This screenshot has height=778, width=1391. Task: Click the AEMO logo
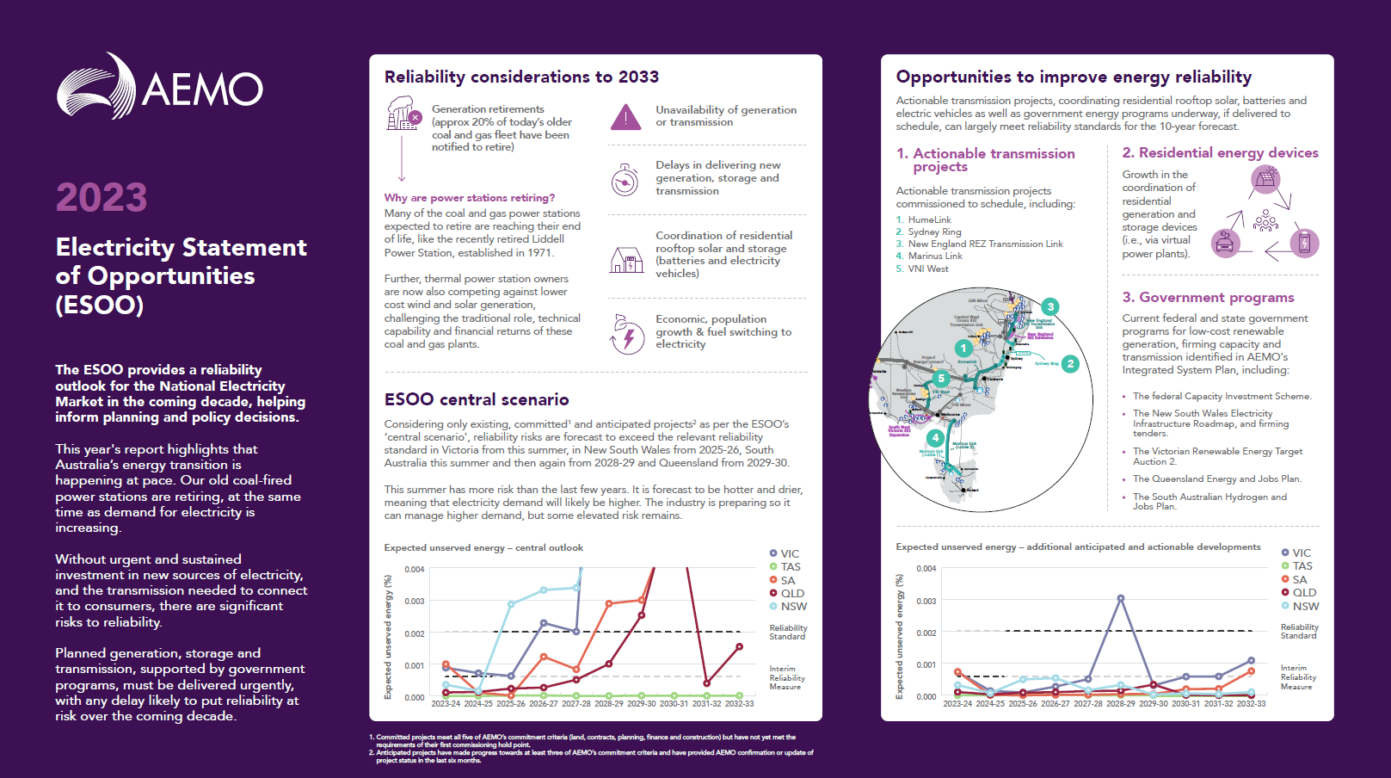pyautogui.click(x=160, y=86)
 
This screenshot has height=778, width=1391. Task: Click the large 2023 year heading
pyautogui.click(x=102, y=197)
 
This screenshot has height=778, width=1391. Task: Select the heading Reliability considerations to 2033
pyautogui.click(x=521, y=77)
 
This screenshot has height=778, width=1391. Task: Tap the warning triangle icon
pyautogui.click(x=625, y=117)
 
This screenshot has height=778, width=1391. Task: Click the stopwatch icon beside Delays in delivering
pyautogui.click(x=625, y=180)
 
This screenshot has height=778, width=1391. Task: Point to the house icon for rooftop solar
pyautogui.click(x=626, y=259)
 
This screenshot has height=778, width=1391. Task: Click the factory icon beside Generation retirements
pyautogui.click(x=403, y=114)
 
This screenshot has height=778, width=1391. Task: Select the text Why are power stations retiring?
pyautogui.click(x=469, y=198)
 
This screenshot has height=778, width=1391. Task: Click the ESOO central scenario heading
pyautogui.click(x=477, y=399)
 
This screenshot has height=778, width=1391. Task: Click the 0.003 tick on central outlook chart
pyautogui.click(x=415, y=601)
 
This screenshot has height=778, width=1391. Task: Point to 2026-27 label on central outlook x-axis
pyautogui.click(x=543, y=704)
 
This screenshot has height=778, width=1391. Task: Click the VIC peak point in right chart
pyautogui.click(x=1121, y=598)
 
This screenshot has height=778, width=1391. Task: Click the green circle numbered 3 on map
pyautogui.click(x=1049, y=306)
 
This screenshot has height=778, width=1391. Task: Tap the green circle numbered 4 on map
pyautogui.click(x=935, y=438)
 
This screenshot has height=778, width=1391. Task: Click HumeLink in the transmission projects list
pyautogui.click(x=929, y=219)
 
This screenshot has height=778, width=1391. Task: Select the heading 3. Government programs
pyautogui.click(x=1208, y=297)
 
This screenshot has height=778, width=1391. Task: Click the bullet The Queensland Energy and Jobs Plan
pyautogui.click(x=1216, y=479)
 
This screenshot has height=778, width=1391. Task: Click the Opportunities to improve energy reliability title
pyautogui.click(x=1074, y=77)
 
